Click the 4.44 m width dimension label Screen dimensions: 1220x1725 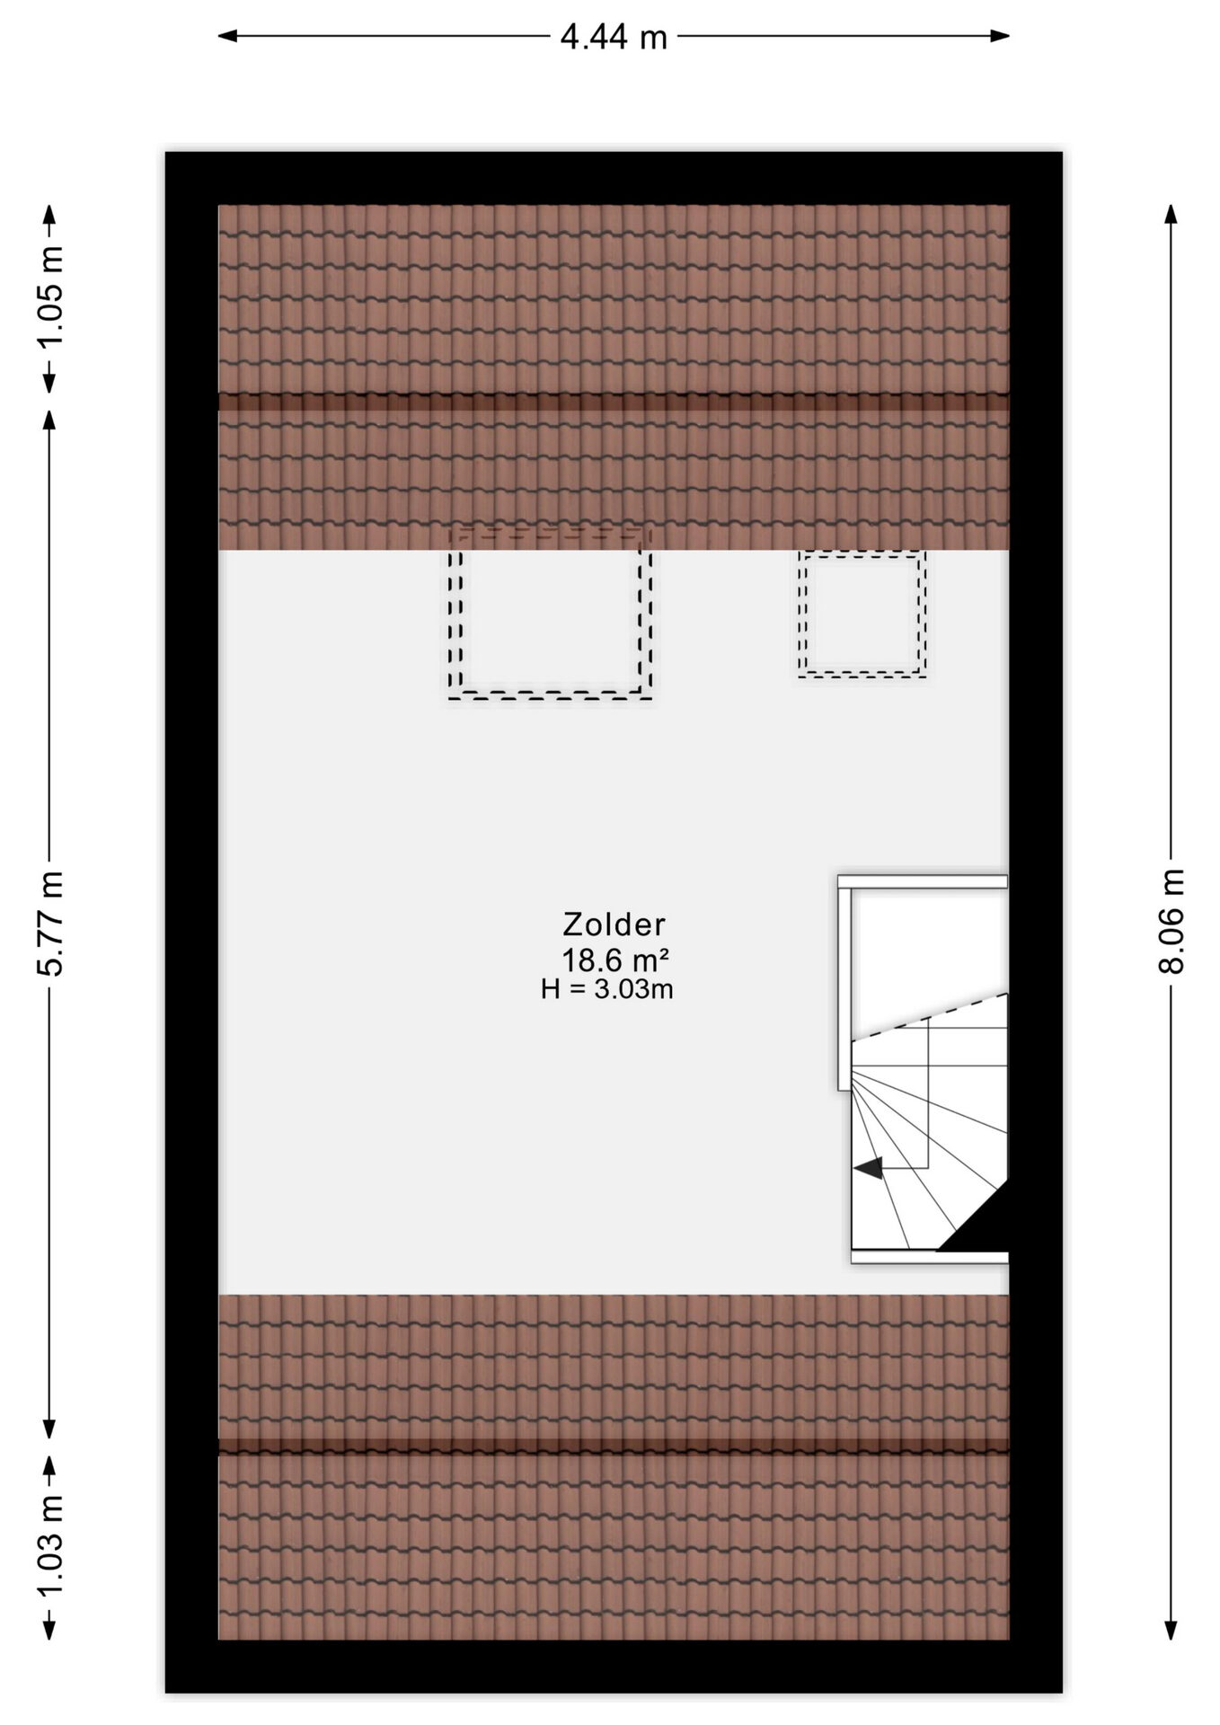(x=614, y=37)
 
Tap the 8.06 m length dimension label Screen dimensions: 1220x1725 (x=1171, y=921)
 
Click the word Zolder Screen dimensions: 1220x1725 (x=614, y=924)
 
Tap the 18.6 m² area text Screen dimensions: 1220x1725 (x=615, y=960)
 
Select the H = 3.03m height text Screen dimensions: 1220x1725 (x=607, y=990)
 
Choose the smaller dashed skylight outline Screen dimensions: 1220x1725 (x=862, y=673)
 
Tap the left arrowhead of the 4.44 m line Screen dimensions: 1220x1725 (x=228, y=37)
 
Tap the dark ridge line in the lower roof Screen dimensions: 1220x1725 (x=614, y=1446)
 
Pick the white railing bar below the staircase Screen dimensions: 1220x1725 (x=930, y=1257)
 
